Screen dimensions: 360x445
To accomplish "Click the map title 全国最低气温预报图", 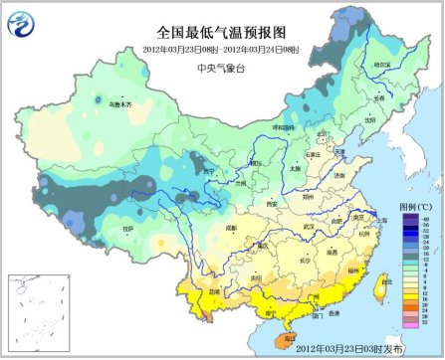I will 220,32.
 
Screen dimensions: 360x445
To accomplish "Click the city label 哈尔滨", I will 382,66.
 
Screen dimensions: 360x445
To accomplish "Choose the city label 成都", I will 232,229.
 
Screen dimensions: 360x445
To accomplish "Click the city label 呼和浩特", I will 284,127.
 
